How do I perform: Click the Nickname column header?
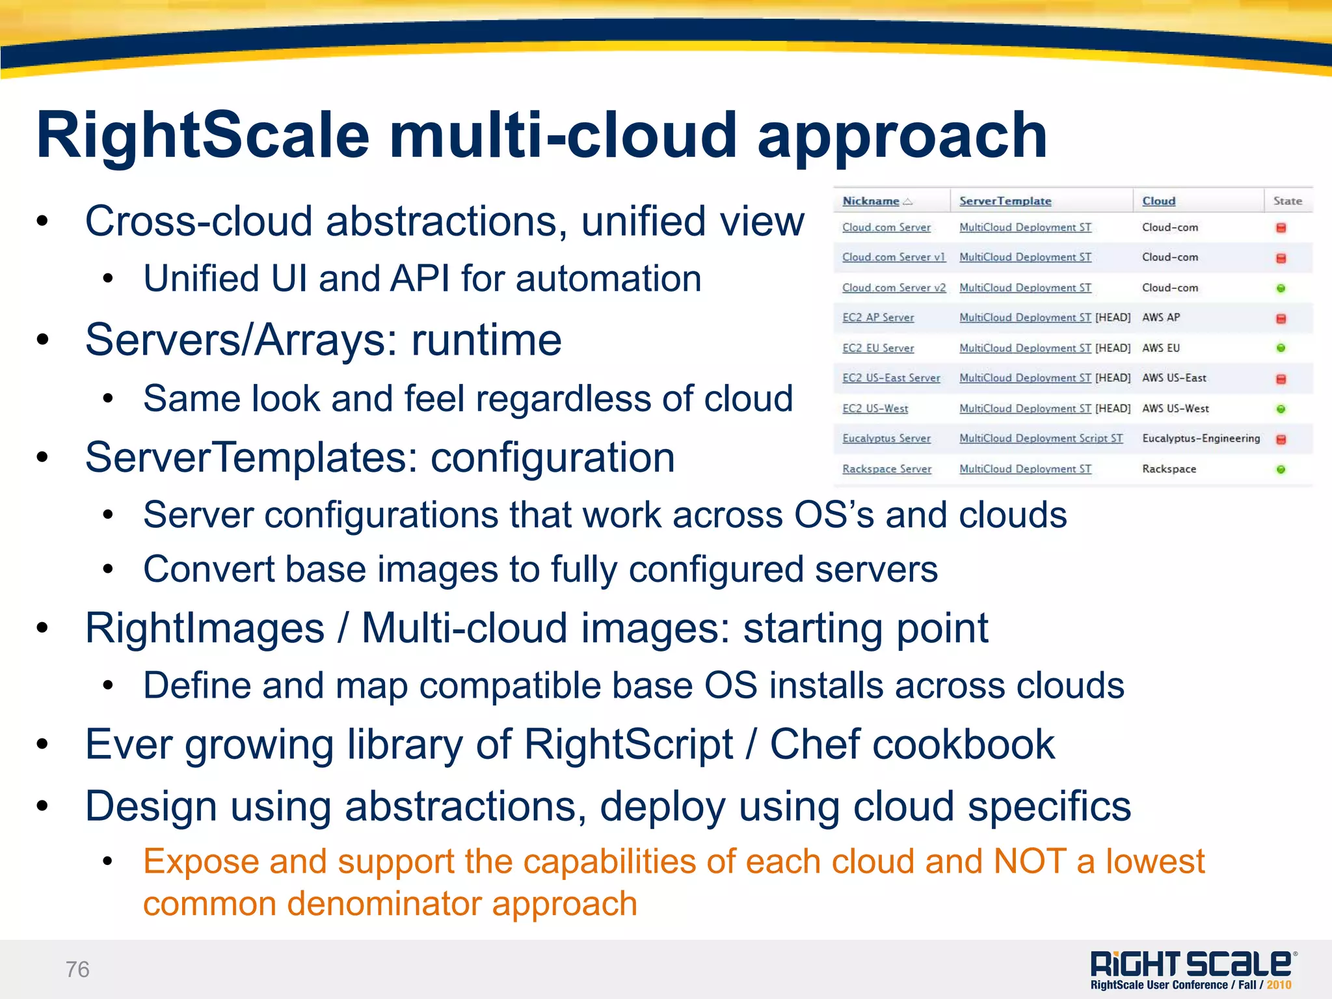pos(871,201)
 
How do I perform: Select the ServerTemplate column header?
pos(1005,201)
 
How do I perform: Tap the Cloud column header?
pos(1158,201)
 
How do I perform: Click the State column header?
pos(1287,201)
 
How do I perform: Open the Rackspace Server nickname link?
pos(886,469)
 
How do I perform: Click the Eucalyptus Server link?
pos(886,439)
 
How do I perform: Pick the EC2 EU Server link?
pos(878,348)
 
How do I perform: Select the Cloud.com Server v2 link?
pos(894,288)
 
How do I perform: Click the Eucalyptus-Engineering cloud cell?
pos(1201,439)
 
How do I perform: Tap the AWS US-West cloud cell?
pos(1175,409)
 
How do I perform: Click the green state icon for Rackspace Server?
pos(1281,469)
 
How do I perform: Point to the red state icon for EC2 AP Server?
pos(1281,318)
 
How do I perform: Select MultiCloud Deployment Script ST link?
pos(1041,439)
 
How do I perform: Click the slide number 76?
pos(77,969)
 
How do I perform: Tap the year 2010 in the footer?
pos(1279,985)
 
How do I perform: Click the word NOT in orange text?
pos(1030,862)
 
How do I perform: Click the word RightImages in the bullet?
pos(205,629)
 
